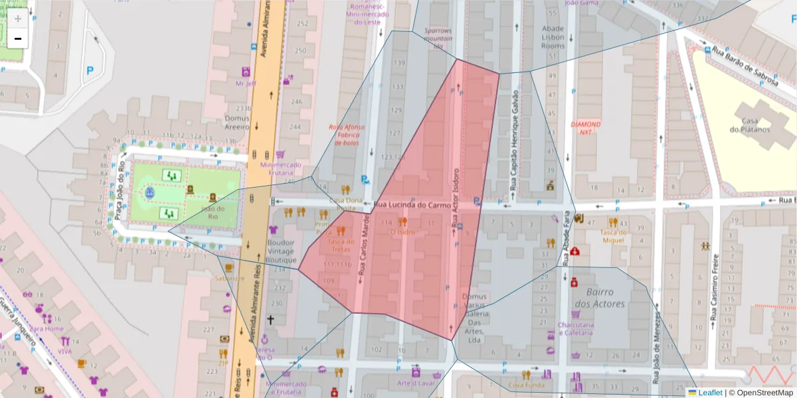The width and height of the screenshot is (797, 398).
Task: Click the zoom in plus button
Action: click(x=18, y=19)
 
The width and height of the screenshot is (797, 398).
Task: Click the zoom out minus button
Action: click(x=18, y=38)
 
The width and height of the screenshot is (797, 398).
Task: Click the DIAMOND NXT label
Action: click(x=586, y=128)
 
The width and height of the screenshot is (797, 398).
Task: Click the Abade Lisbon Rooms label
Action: click(x=553, y=37)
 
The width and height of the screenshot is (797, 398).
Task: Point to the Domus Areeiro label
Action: click(x=236, y=122)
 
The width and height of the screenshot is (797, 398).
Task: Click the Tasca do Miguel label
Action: click(x=613, y=236)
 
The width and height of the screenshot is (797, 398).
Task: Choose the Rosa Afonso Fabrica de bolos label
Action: click(x=347, y=135)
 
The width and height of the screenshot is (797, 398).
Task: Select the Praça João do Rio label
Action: click(x=120, y=192)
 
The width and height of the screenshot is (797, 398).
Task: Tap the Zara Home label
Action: click(x=46, y=328)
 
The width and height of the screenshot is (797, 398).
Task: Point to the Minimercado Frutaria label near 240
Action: click(x=281, y=168)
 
